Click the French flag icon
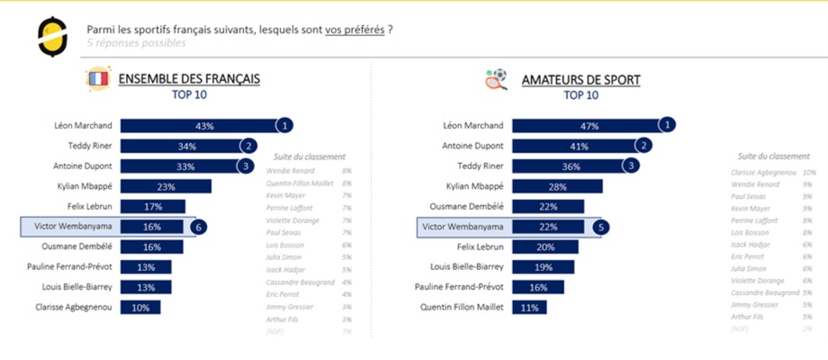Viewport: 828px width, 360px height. (x=98, y=80)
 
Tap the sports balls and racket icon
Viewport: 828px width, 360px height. (x=497, y=79)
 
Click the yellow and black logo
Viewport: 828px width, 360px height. (x=51, y=36)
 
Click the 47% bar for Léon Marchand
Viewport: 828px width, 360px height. (x=585, y=126)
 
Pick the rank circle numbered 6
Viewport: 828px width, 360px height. (x=198, y=227)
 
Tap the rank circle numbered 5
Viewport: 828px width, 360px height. (x=600, y=227)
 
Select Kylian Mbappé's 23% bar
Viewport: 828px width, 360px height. (x=166, y=186)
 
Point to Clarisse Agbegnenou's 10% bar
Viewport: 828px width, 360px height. (x=140, y=307)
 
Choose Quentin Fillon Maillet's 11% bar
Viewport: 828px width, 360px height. (x=525, y=307)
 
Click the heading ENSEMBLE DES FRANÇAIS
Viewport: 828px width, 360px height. (x=189, y=79)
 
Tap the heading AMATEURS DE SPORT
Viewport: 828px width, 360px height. (x=580, y=80)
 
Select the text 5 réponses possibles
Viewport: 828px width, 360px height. (x=137, y=42)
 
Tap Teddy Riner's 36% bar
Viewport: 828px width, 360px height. (x=569, y=166)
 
